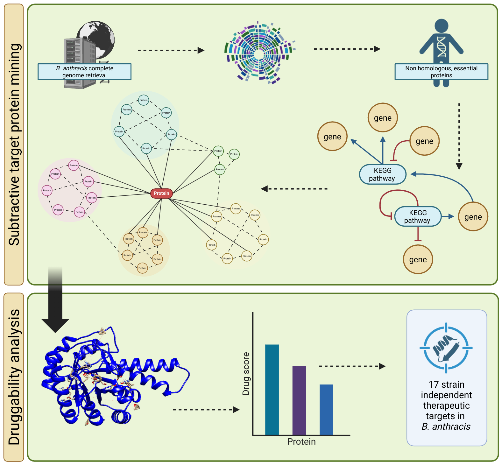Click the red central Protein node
161,193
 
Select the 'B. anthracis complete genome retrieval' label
84,72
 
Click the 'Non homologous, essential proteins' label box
441,72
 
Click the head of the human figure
441,25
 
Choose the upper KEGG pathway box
383,174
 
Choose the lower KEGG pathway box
418,217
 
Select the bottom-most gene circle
418,259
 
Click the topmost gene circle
383,118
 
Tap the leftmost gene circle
332,137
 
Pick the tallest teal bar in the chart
272,390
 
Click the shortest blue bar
326,410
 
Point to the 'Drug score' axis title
246,374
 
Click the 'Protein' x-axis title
301,442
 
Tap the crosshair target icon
446,348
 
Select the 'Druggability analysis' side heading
14,377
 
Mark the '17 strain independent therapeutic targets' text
446,405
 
